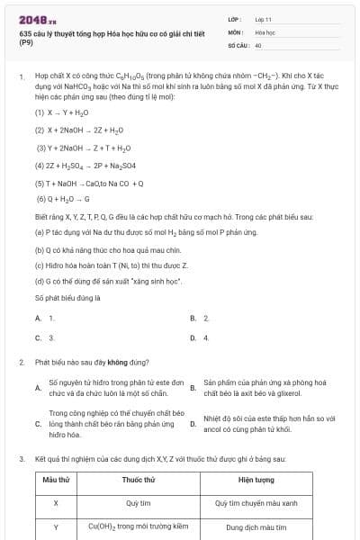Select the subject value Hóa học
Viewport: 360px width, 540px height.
click(265, 31)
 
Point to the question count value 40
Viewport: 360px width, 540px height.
click(258, 44)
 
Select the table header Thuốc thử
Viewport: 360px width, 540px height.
click(138, 481)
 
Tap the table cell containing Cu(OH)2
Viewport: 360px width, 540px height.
click(138, 527)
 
